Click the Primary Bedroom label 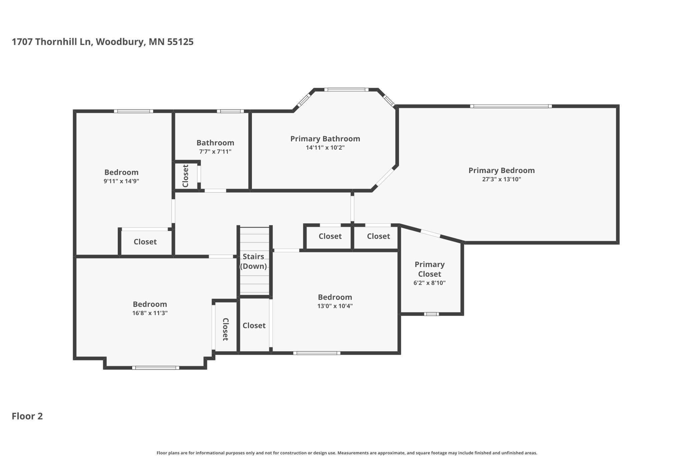[x=501, y=170]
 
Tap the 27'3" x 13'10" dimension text [x=501, y=179]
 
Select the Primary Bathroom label [x=325, y=139]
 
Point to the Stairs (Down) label [x=253, y=261]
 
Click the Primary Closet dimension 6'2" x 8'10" [x=429, y=283]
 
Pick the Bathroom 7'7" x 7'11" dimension [x=215, y=152]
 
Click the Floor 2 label [x=27, y=416]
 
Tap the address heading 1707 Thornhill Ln [x=51, y=42]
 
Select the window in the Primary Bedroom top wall [x=511, y=106]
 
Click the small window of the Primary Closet [x=431, y=314]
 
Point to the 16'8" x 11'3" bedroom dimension [x=150, y=313]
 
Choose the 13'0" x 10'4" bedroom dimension [x=335, y=306]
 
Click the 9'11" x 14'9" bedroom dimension [x=121, y=181]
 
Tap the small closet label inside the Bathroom [x=186, y=176]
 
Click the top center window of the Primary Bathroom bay [x=346, y=90]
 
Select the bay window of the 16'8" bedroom [x=155, y=368]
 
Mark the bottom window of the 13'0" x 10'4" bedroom [x=317, y=353]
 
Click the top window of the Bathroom [x=230, y=111]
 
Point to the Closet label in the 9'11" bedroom [x=145, y=242]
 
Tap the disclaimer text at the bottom [x=347, y=453]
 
